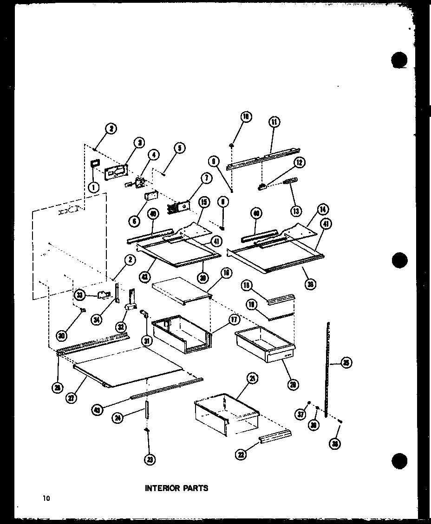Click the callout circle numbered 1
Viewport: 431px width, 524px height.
click(x=93, y=187)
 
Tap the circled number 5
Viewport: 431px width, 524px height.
click(x=179, y=148)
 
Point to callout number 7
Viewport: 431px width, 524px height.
click(x=205, y=178)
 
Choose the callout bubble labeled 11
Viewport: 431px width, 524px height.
click(x=274, y=122)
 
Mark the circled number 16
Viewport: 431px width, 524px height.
click(x=226, y=273)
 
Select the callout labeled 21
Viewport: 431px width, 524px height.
click(x=252, y=379)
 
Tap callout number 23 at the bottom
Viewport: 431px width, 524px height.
click(x=149, y=459)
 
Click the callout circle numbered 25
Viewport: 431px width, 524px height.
click(x=346, y=364)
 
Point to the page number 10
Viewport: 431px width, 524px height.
click(x=46, y=498)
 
